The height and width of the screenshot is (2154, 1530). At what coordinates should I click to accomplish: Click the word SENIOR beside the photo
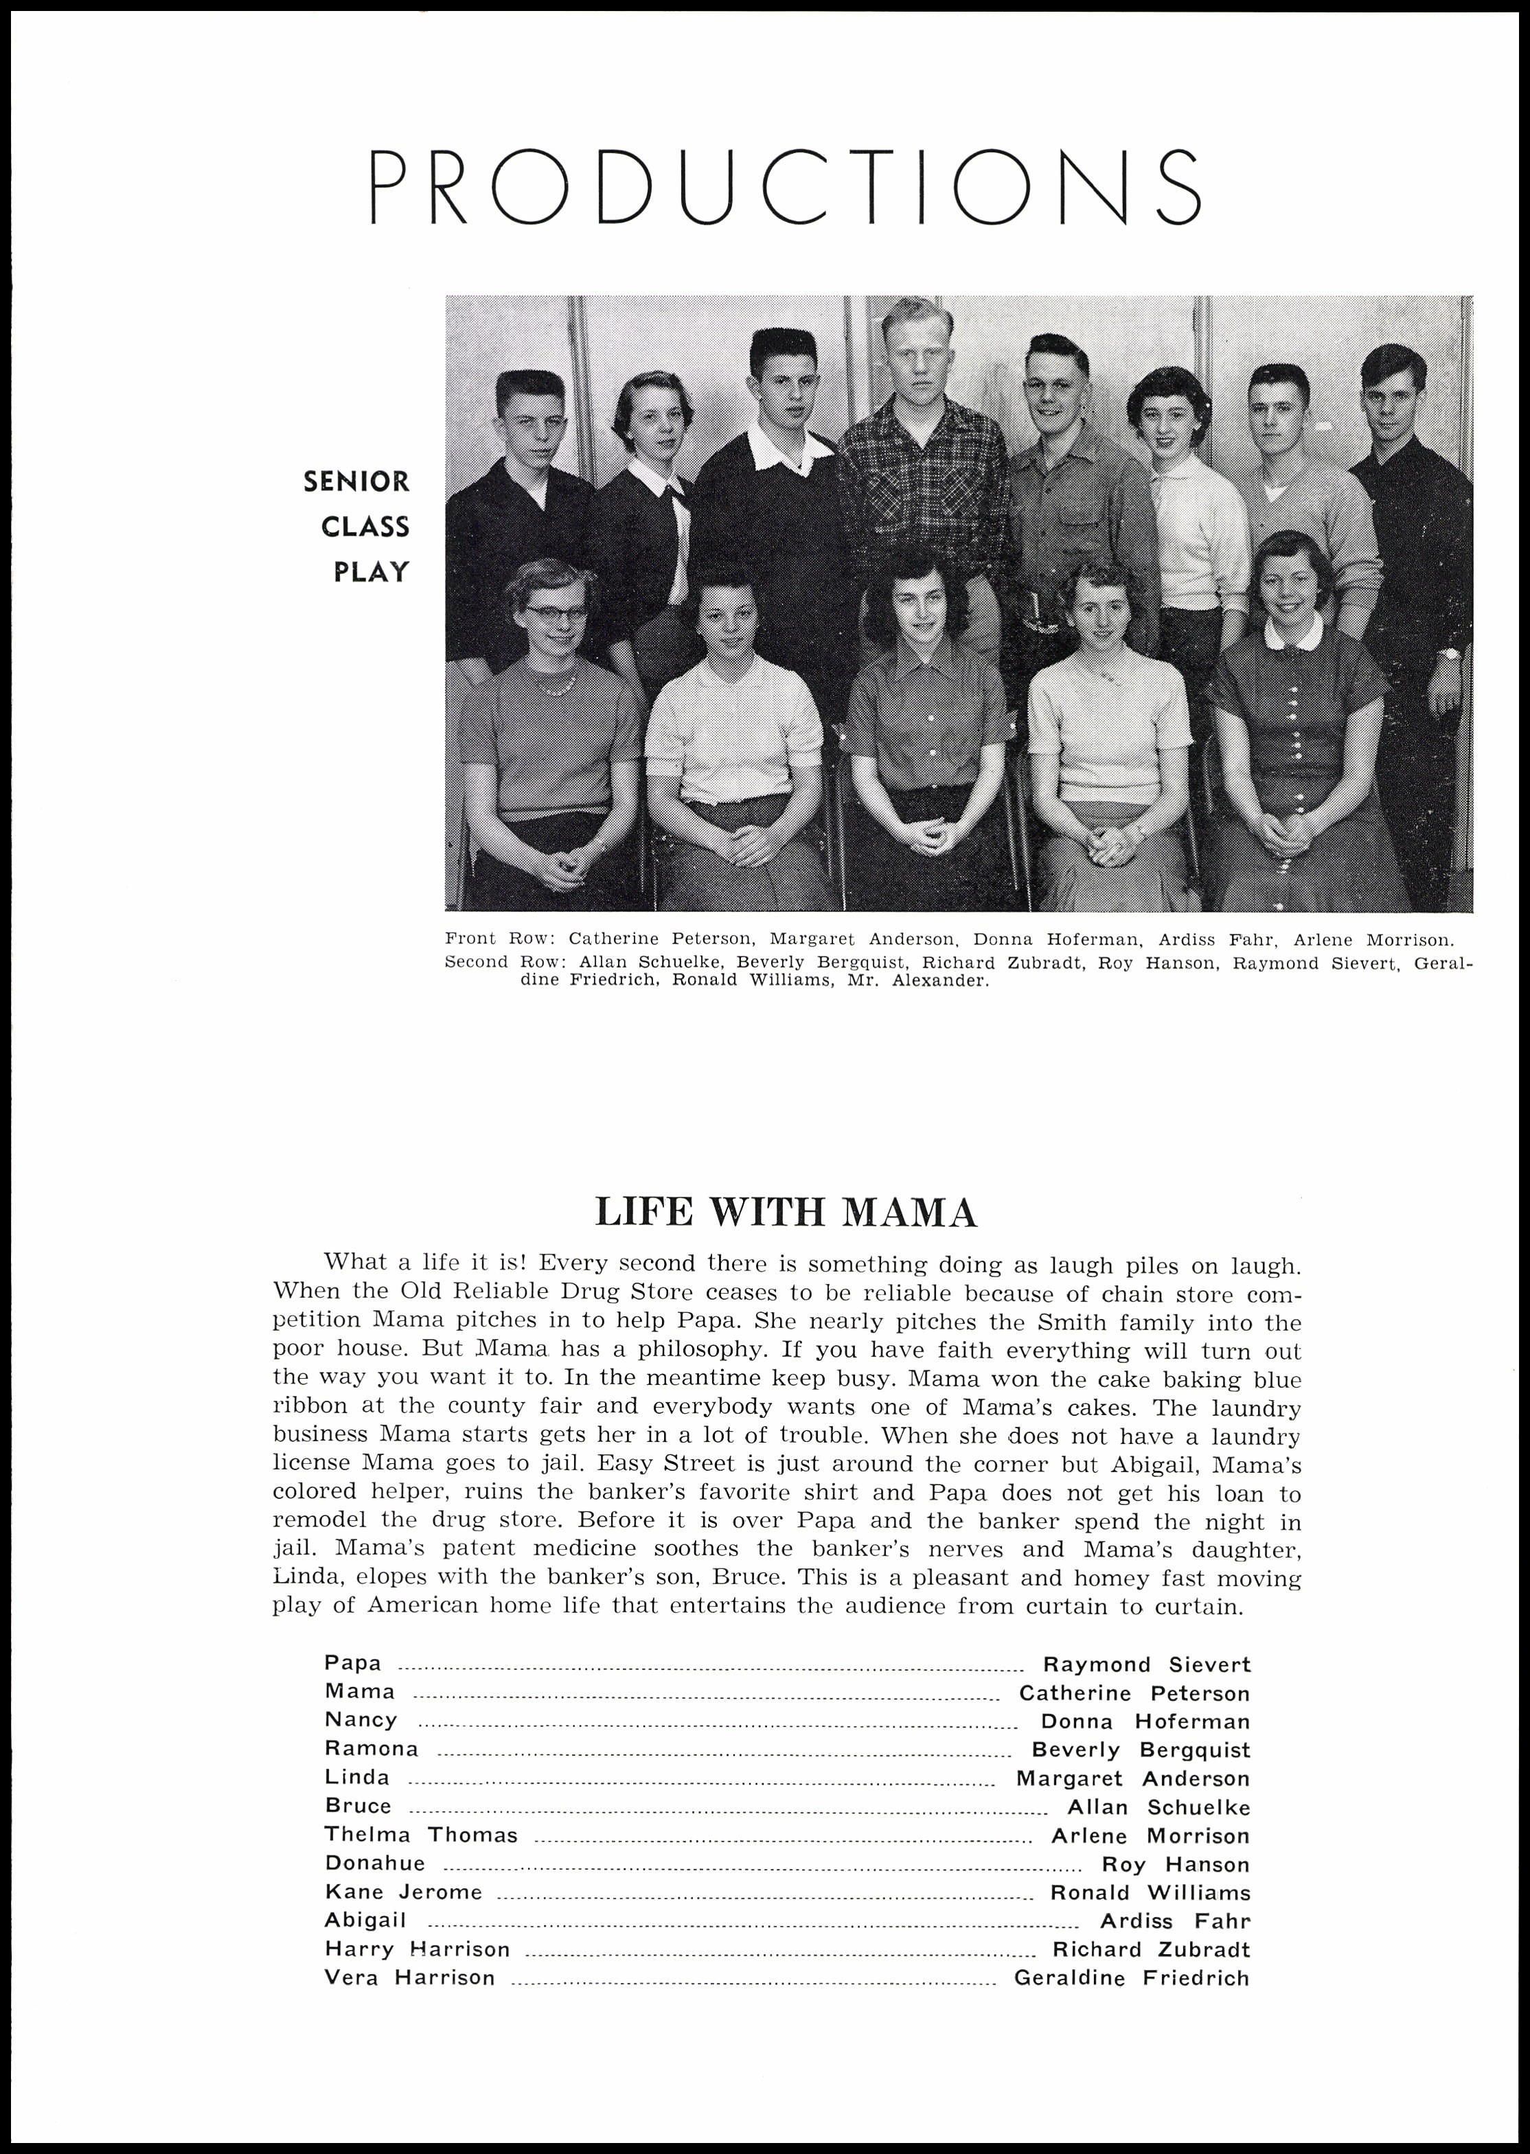point(356,482)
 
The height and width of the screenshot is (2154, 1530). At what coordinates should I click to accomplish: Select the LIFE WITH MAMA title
point(787,1212)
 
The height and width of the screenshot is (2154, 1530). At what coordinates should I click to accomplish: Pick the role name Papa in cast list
point(353,1662)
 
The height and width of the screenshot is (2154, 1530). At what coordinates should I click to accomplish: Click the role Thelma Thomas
point(420,1835)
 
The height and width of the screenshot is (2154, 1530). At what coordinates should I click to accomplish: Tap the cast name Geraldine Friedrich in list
point(1132,1978)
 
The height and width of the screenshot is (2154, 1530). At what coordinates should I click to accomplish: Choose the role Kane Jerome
point(403,1892)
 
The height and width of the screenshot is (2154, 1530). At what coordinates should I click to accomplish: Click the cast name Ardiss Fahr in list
point(1175,1921)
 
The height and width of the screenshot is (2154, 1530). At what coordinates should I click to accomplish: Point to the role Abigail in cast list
point(365,1921)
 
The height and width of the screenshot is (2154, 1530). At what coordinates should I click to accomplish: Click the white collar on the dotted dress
point(1292,633)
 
